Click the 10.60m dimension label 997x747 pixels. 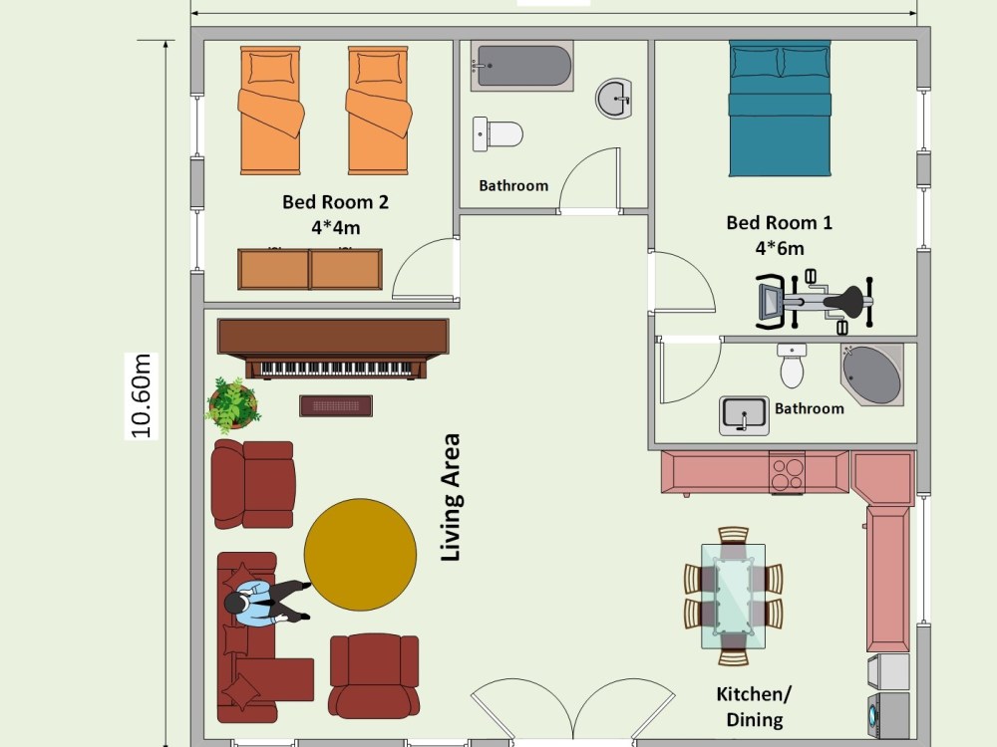pyautogui.click(x=142, y=396)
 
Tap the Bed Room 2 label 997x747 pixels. pyautogui.click(x=335, y=202)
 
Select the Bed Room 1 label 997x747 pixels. pyautogui.click(x=779, y=222)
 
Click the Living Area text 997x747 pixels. pyautogui.click(x=451, y=497)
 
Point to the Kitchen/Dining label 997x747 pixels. pyautogui.click(x=754, y=706)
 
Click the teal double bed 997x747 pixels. pyautogui.click(x=780, y=109)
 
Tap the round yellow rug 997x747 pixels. pyautogui.click(x=360, y=555)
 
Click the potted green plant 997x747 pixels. pyautogui.click(x=232, y=404)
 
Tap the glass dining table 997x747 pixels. pyautogui.click(x=733, y=596)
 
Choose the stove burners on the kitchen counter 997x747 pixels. pyautogui.click(x=788, y=473)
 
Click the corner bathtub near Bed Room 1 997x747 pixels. pyautogui.click(x=871, y=374)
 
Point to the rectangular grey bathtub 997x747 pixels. pyautogui.click(x=522, y=66)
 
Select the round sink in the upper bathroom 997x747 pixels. pyautogui.click(x=614, y=99)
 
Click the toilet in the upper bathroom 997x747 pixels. pyautogui.click(x=498, y=134)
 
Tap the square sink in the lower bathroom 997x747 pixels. pyautogui.click(x=744, y=415)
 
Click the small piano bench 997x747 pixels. pyautogui.click(x=336, y=406)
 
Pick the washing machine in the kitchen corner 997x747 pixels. pyautogui.click(x=888, y=715)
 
